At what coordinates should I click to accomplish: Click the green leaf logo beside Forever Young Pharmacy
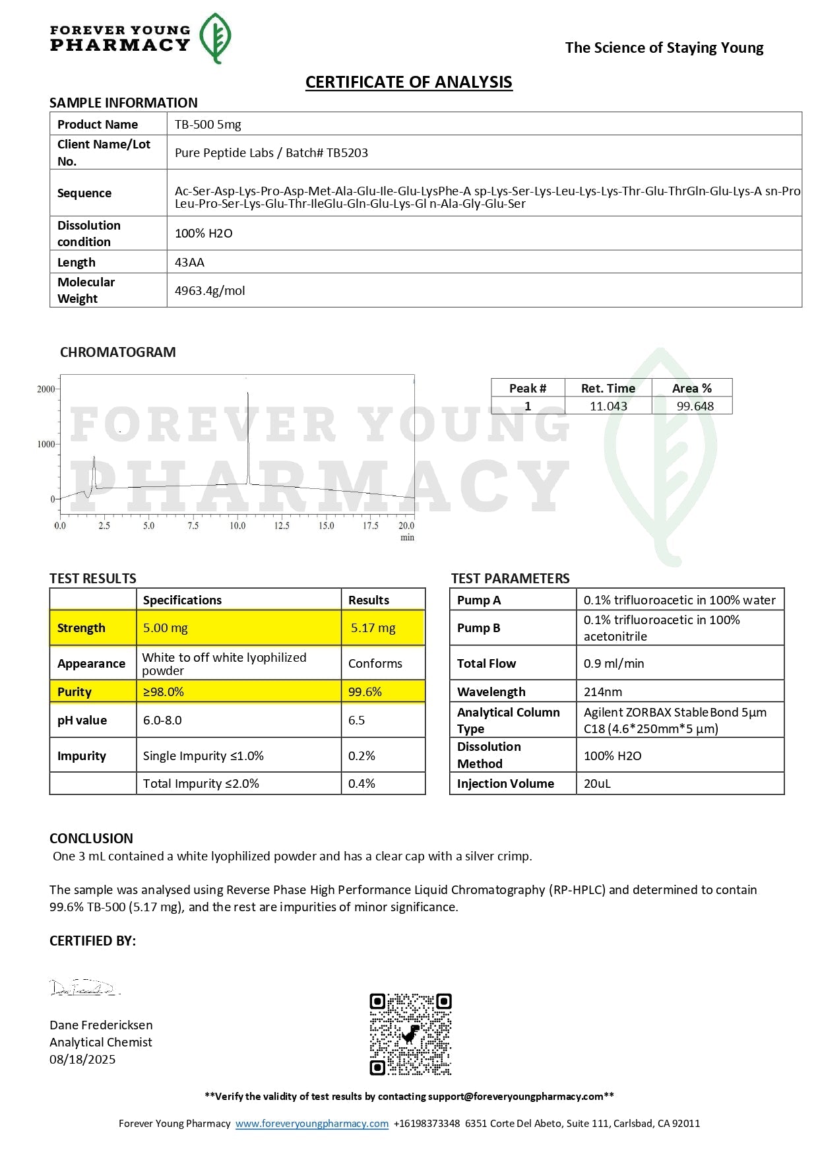(x=215, y=38)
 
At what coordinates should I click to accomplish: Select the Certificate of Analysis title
(x=408, y=82)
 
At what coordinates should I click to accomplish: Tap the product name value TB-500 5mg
(x=208, y=124)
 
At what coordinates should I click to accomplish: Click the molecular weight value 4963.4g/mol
(x=210, y=290)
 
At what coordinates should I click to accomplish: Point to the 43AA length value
(x=189, y=262)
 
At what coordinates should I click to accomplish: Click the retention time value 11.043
(x=608, y=406)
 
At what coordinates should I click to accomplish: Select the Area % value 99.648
(x=695, y=406)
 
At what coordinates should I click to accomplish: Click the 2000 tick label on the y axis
(x=46, y=389)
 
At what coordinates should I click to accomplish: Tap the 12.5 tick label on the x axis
(x=282, y=526)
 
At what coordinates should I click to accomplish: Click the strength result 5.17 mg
(x=373, y=628)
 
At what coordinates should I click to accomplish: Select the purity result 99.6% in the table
(x=365, y=692)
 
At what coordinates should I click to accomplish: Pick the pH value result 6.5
(x=356, y=720)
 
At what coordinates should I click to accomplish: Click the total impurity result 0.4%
(x=362, y=783)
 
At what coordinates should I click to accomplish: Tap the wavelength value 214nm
(x=603, y=692)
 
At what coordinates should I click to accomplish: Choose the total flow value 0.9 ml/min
(x=613, y=663)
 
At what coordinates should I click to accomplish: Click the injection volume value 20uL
(x=597, y=783)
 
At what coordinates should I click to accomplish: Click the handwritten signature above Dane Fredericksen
(x=84, y=988)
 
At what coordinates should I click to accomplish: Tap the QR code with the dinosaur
(x=410, y=1034)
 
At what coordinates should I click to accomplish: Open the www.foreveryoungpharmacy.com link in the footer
(x=312, y=1123)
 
